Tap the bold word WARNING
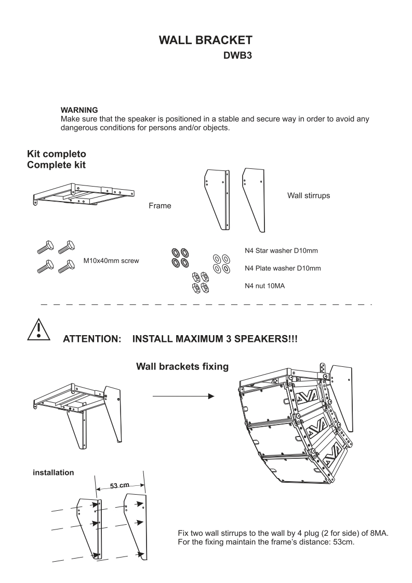79,110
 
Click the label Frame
160,206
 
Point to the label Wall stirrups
309,196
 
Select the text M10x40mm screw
111,260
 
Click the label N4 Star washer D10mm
281,251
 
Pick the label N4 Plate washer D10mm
283,268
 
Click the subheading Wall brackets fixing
182,367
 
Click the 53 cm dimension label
120,486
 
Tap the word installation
52,473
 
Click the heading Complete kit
57,165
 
